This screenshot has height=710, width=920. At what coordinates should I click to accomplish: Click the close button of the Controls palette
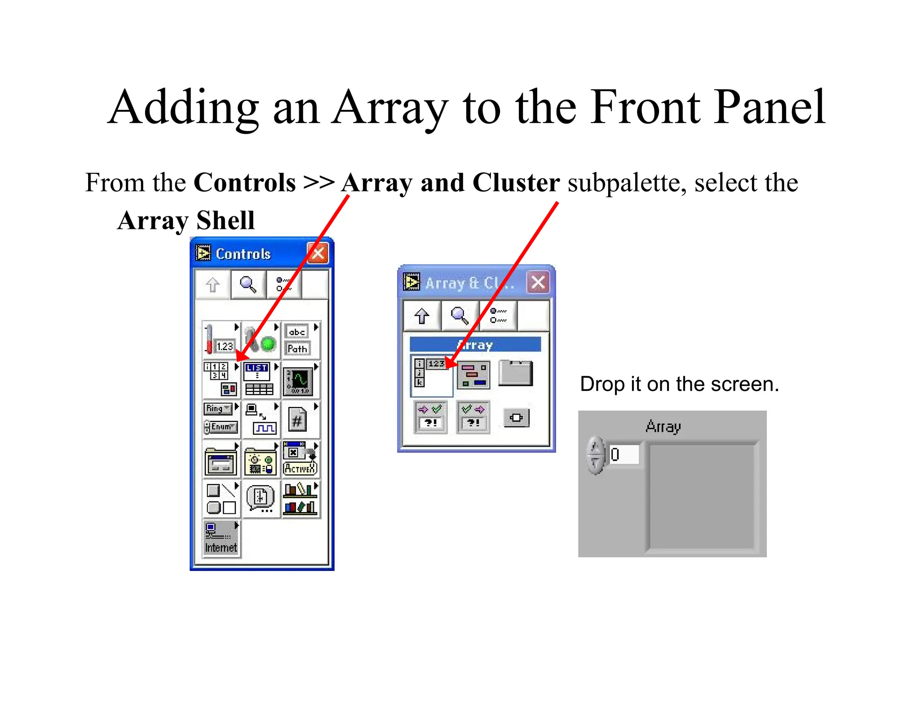318,254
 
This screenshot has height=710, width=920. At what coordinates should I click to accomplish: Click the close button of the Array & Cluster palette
538,283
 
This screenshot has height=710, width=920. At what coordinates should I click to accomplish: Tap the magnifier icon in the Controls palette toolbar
248,285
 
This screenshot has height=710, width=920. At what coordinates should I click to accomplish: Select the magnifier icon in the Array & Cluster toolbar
460,316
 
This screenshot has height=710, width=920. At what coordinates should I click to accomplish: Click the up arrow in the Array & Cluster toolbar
421,316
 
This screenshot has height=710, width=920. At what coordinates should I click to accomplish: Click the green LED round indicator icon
268,344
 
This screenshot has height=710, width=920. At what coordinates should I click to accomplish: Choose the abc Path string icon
297,340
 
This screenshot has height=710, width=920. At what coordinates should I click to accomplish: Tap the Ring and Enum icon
220,418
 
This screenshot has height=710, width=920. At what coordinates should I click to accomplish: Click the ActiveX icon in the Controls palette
300,459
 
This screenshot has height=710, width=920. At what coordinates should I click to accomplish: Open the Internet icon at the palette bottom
221,538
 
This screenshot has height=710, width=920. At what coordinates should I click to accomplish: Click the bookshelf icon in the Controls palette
300,499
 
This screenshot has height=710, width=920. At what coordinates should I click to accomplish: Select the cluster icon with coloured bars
473,375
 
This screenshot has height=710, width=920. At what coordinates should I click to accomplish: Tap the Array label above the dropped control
663,426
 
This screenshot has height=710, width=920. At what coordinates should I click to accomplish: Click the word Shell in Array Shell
226,220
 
